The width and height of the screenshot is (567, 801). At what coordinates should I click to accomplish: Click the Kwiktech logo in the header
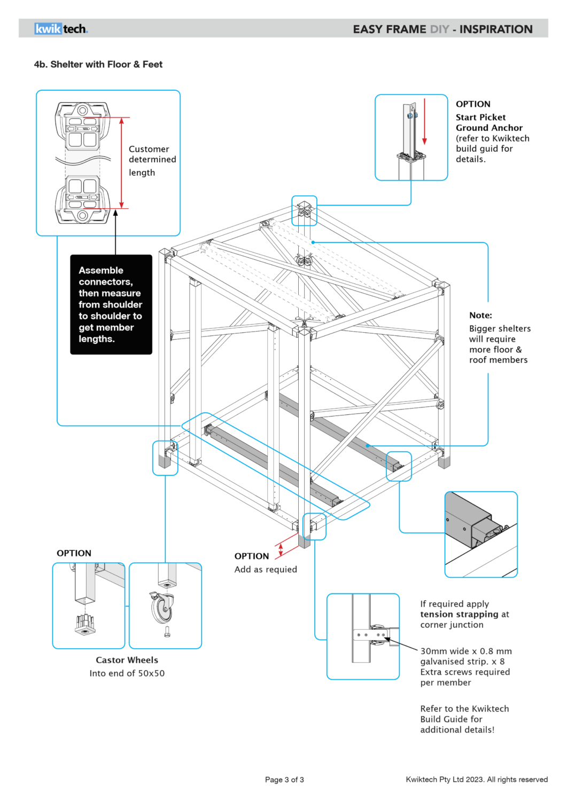[x=61, y=29]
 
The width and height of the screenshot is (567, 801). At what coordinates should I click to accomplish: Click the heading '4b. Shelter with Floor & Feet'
[x=98, y=65]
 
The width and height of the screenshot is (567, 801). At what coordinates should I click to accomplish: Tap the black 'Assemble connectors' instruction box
[x=111, y=304]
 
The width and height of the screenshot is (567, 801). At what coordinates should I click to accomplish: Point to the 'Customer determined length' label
[x=152, y=160]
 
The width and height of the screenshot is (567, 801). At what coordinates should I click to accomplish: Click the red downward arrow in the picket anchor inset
[x=424, y=122]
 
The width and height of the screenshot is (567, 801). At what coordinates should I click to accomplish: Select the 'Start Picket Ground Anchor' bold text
[x=488, y=123]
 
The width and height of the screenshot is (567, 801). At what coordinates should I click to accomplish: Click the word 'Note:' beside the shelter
[x=480, y=316]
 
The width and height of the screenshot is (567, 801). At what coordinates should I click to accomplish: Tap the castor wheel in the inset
[x=161, y=608]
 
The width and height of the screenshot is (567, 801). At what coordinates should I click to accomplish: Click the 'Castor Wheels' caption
[x=127, y=660]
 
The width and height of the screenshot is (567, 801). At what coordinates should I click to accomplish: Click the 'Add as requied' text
[x=266, y=569]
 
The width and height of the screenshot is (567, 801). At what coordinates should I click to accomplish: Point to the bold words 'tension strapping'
[x=459, y=614]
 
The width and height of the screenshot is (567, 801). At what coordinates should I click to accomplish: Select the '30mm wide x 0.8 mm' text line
[x=465, y=651]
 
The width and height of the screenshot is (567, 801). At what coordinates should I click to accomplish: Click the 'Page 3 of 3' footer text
[x=284, y=780]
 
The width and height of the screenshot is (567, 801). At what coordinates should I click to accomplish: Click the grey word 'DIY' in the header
[x=439, y=29]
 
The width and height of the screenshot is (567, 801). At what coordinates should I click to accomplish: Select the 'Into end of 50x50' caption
[x=127, y=673]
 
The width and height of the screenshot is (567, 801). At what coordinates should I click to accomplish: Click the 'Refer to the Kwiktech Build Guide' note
[x=464, y=719]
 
